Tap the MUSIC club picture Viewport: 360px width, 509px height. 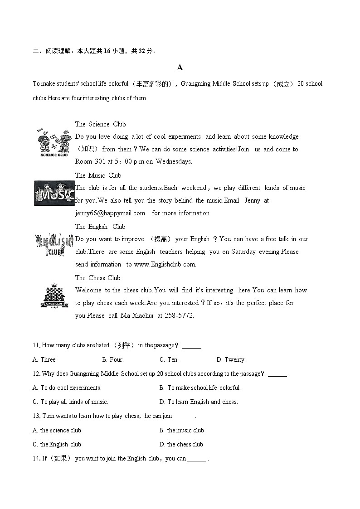(54, 194)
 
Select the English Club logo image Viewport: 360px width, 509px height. (54, 245)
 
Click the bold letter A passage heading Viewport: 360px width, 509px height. (180, 68)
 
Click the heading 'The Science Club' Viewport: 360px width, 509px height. (100, 124)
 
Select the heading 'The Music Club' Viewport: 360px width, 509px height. (98, 175)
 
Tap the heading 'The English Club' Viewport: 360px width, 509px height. (100, 227)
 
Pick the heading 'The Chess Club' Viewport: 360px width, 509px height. (97, 278)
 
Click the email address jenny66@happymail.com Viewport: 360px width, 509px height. (110, 213)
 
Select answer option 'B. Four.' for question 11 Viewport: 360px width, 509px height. (113, 359)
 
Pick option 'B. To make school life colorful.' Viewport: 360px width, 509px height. (200, 388)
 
